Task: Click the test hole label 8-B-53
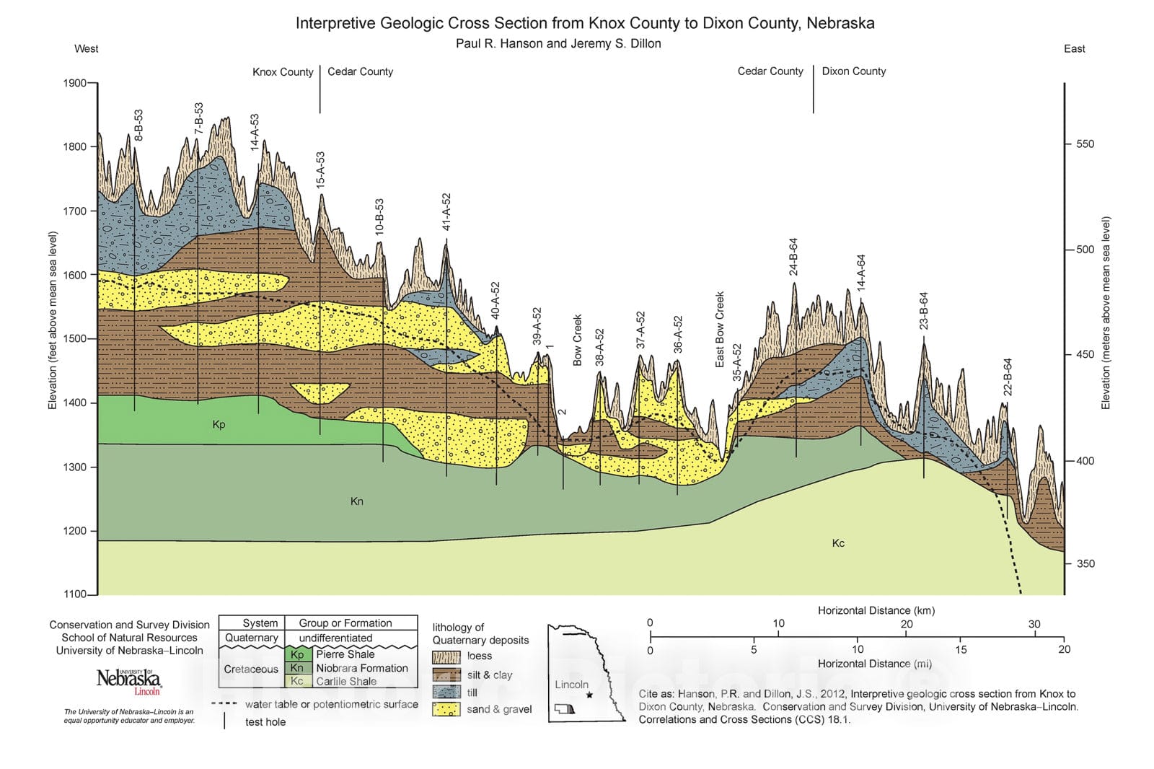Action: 138,125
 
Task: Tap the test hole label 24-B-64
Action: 793,257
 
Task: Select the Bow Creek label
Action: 577,340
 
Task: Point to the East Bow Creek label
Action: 719,330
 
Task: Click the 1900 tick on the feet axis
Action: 74,83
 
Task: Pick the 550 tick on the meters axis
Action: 1085,144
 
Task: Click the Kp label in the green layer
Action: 219,424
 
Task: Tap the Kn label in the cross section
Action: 356,501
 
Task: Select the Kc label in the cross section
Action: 838,543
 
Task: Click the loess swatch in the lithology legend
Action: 446,656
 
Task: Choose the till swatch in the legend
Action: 446,692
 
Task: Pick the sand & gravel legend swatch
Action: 446,709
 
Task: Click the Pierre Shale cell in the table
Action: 345,654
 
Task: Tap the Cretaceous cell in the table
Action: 250,669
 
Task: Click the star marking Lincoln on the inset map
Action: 589,695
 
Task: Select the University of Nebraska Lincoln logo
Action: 128,680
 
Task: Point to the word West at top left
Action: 86,48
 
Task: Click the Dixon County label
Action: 853,71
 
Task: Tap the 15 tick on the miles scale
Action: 961,649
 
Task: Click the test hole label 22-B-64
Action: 1008,377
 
